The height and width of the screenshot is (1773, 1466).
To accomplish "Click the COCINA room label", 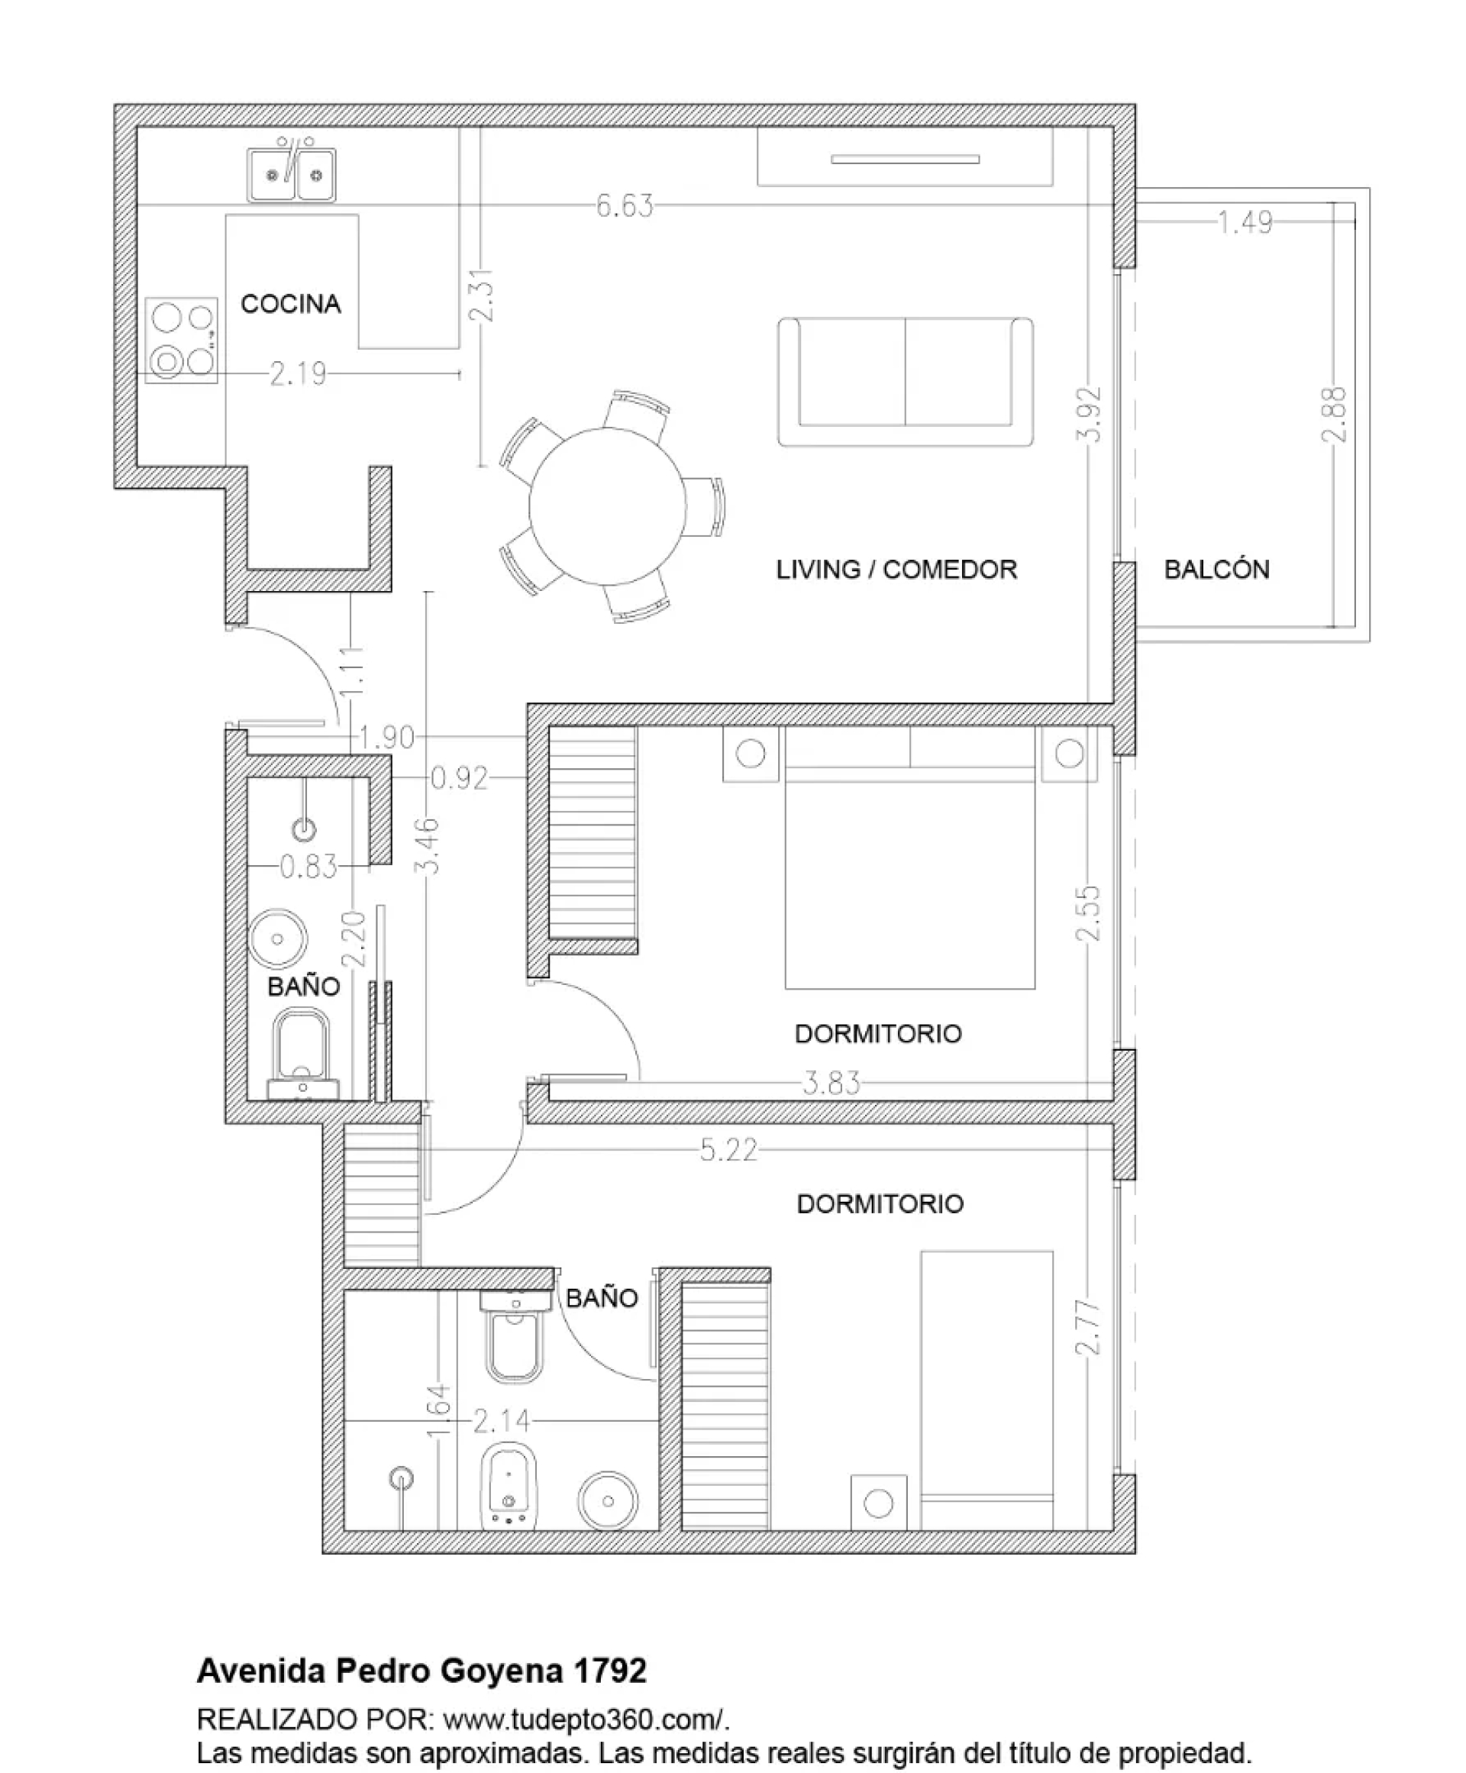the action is coord(290,304).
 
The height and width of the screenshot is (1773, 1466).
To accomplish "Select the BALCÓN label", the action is coord(1217,570).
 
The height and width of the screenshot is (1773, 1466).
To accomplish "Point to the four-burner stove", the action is coord(182,341).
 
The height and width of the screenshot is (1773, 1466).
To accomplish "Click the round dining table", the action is coord(608,506).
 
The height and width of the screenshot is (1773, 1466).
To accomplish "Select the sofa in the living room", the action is coord(906,382).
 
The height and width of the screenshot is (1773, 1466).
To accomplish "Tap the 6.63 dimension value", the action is coord(625,206).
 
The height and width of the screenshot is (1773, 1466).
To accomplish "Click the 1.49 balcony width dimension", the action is coord(1245,222).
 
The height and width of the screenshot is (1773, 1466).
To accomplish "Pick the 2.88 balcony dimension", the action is coord(1334,415).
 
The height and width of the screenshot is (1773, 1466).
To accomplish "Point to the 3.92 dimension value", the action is coord(1091,415).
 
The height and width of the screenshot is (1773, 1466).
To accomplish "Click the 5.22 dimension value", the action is coord(728,1150).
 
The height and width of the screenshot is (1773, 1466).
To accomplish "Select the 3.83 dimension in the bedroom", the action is coord(831,1083).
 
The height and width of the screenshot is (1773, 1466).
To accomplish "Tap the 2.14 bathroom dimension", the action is coord(502,1422).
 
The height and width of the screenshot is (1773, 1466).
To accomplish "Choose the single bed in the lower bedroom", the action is coord(987,1390).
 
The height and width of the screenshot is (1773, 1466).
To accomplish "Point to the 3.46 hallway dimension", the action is coord(429,845).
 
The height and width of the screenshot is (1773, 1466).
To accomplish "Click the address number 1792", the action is coord(611,1671).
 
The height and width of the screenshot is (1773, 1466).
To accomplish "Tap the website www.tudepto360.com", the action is coord(581,1720).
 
